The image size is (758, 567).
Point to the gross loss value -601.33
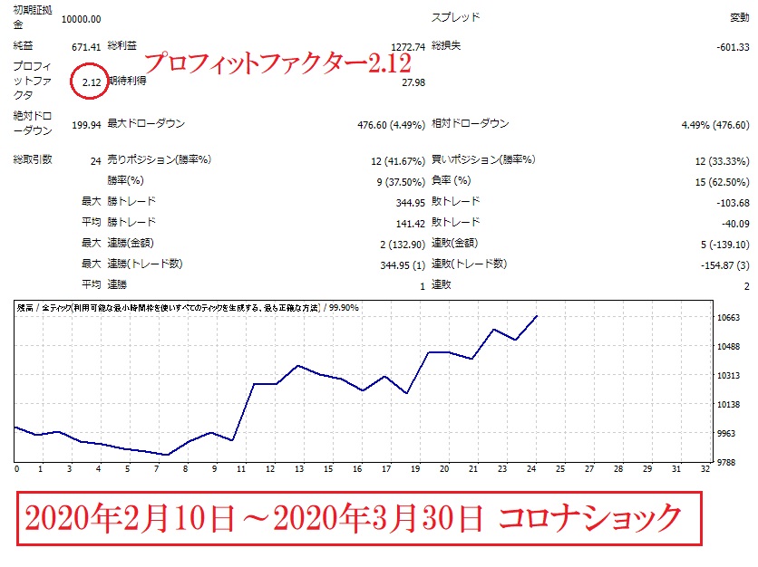[730, 45]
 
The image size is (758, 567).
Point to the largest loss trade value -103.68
[731, 202]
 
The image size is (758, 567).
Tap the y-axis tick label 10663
[729, 318]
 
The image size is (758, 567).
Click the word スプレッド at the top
[455, 18]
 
